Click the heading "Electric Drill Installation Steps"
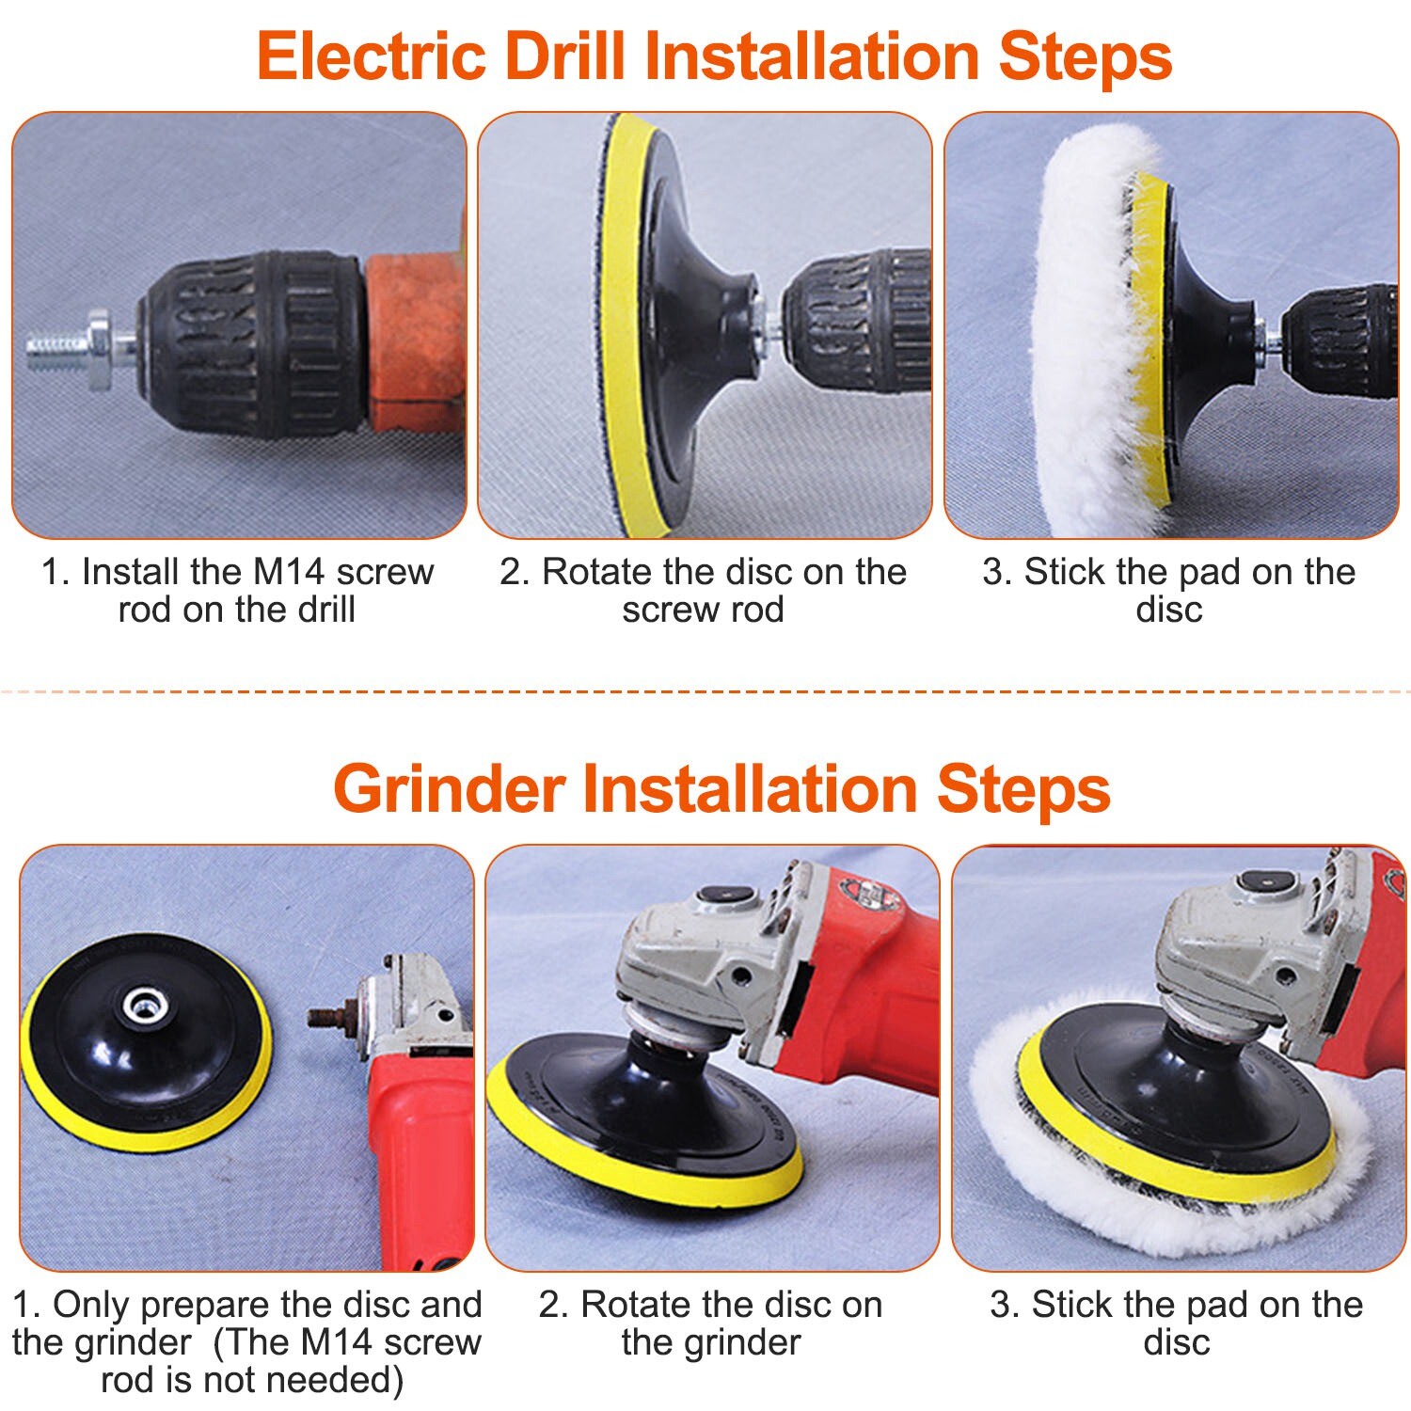[714, 56]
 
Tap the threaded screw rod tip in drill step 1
[56, 350]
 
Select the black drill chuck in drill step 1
[254, 343]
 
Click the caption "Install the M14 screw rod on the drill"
[237, 590]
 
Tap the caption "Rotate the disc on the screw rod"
[703, 590]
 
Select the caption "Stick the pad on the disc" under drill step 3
[1169, 590]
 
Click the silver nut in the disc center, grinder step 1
[142, 1007]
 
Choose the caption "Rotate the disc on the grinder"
[711, 1324]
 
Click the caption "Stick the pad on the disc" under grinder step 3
[1176, 1324]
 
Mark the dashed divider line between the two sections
[705, 692]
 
